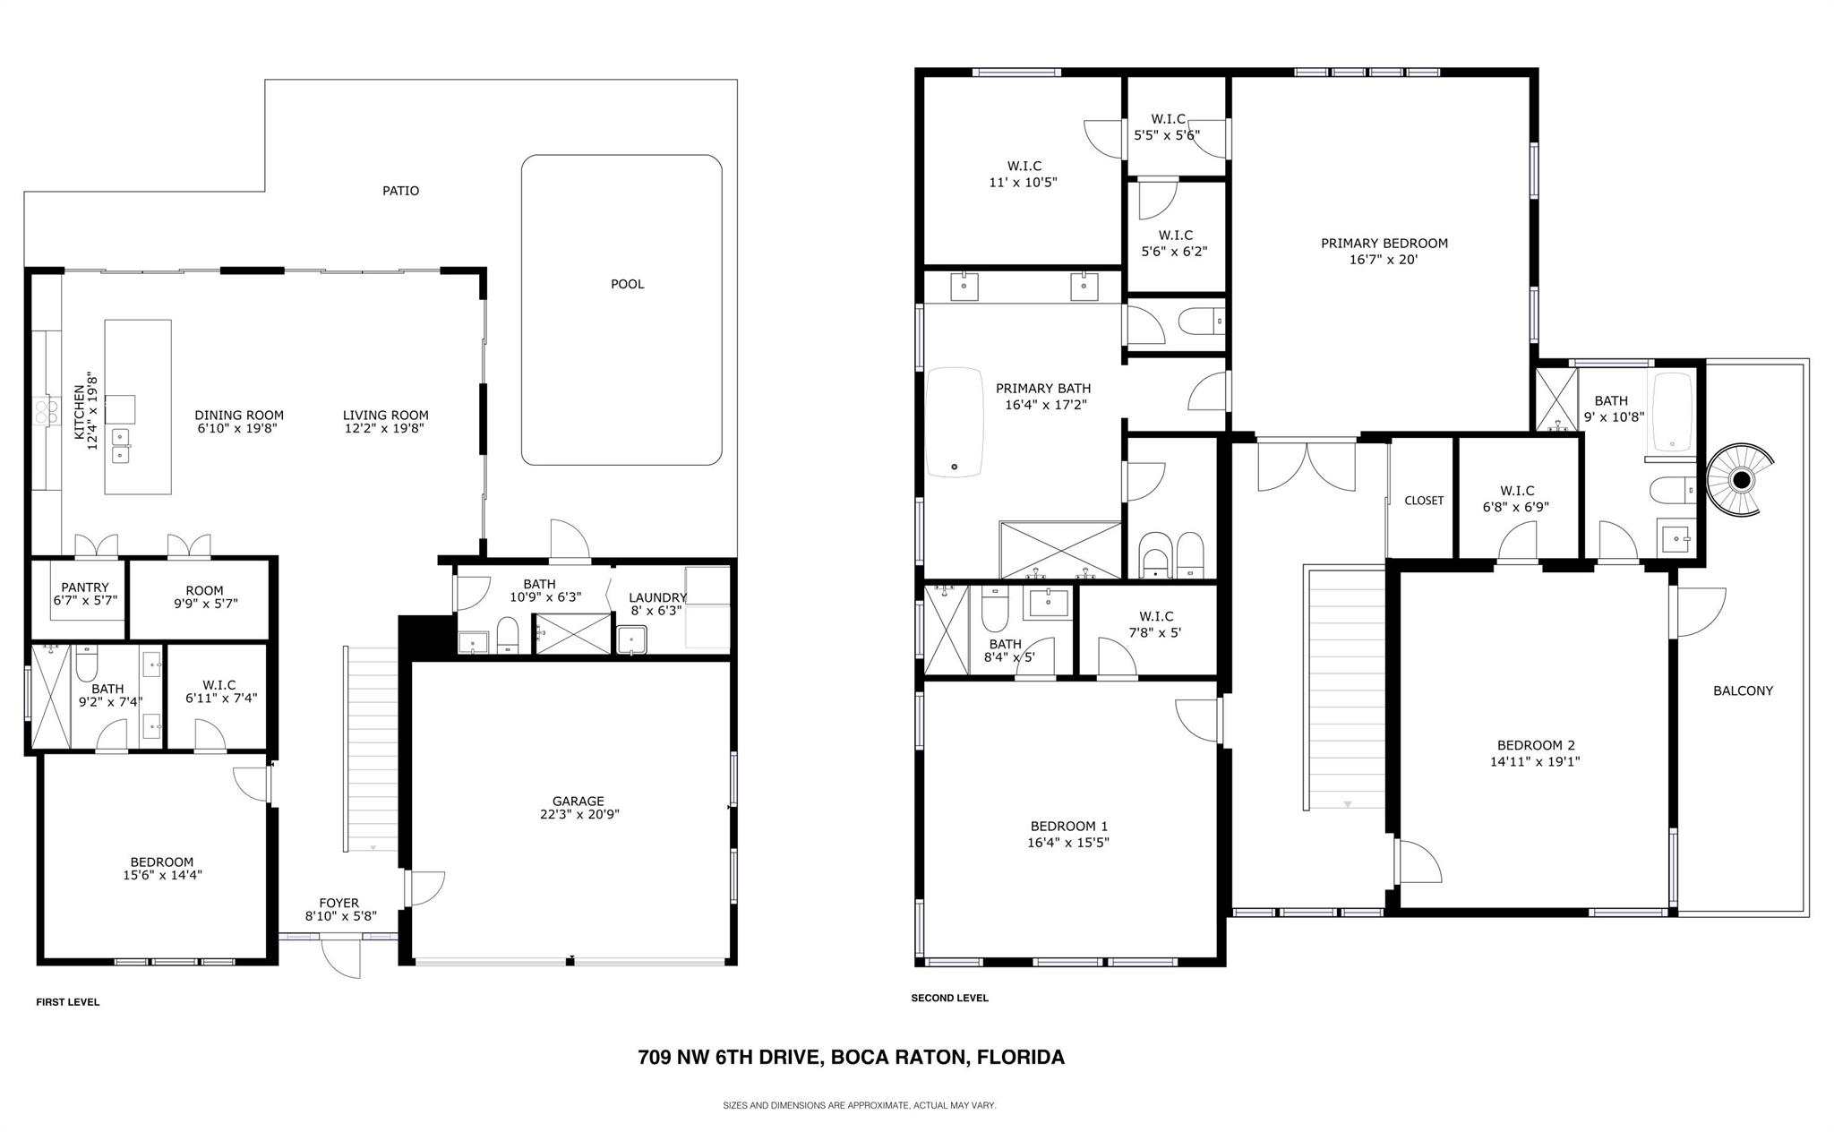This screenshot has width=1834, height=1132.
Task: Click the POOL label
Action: [627, 285]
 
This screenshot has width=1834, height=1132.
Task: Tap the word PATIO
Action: [400, 191]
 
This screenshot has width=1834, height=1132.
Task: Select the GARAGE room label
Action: [578, 802]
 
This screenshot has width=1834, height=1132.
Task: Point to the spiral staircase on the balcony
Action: [1740, 481]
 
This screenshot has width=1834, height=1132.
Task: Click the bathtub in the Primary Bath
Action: [954, 421]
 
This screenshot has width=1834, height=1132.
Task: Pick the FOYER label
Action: [339, 904]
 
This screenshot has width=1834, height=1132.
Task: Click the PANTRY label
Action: [85, 587]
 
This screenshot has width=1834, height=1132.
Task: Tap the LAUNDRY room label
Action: [657, 598]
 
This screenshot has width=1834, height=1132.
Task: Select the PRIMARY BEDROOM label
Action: [1384, 244]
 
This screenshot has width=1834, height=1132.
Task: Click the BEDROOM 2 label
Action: [1535, 745]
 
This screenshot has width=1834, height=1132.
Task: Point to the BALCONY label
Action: [1743, 690]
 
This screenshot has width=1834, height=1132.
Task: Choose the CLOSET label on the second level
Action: [1423, 501]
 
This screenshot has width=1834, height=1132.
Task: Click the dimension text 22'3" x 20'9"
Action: [578, 815]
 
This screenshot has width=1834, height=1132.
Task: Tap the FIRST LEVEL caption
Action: [67, 1002]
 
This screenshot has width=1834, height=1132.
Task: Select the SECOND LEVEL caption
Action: [949, 998]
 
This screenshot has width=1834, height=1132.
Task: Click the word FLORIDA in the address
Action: [1020, 1058]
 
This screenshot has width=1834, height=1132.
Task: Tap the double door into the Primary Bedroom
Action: [1307, 464]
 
